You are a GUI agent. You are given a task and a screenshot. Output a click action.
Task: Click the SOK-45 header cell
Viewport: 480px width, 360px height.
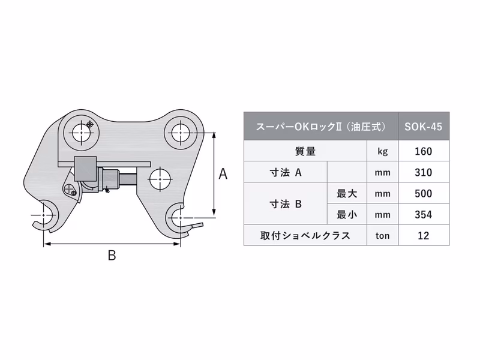click(423, 127)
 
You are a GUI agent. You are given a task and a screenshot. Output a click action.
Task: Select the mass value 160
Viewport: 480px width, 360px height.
click(423, 151)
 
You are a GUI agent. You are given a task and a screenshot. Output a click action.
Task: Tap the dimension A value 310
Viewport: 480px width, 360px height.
click(423, 173)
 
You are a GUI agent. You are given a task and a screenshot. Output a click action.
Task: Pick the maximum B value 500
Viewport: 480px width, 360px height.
click(423, 194)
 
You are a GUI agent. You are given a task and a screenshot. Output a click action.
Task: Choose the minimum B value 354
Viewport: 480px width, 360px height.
click(423, 214)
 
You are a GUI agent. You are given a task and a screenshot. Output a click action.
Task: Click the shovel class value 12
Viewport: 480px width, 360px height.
click(423, 235)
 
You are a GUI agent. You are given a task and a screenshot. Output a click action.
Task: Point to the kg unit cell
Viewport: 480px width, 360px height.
click(382, 151)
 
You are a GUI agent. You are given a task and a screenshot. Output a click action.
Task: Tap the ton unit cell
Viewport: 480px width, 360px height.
click(382, 235)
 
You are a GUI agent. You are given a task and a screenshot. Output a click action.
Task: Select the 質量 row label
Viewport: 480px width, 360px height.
click(305, 151)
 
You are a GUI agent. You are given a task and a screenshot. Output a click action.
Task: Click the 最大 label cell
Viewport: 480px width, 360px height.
click(347, 194)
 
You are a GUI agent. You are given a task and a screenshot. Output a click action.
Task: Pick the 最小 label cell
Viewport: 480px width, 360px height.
click(347, 214)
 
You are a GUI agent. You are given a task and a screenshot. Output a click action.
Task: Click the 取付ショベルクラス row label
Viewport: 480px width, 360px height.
click(305, 235)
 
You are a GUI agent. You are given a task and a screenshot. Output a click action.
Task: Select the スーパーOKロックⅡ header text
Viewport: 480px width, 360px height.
click(320, 127)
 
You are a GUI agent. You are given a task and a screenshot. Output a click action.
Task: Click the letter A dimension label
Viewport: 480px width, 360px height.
click(223, 174)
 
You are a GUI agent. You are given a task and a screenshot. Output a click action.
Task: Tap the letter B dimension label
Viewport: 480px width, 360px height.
click(112, 256)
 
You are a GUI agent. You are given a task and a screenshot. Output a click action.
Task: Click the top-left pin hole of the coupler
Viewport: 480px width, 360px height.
click(80, 131)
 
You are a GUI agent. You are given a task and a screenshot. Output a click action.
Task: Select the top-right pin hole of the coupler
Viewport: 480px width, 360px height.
click(181, 131)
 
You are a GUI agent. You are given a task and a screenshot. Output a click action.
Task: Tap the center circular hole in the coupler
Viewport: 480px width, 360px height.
click(158, 177)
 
